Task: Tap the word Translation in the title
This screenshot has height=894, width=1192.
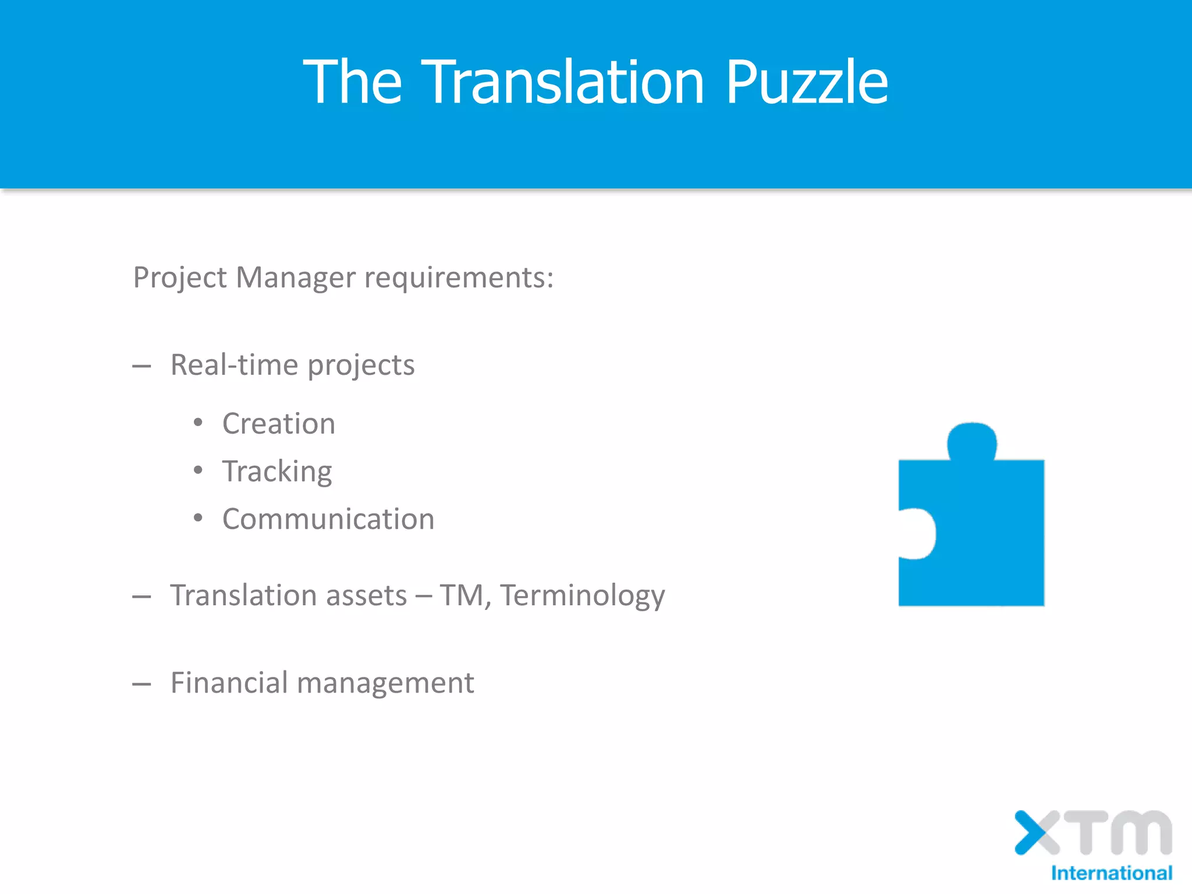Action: [x=563, y=82]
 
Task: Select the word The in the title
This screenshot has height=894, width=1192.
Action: [x=353, y=82]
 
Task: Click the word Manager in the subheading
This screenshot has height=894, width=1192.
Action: [x=295, y=278]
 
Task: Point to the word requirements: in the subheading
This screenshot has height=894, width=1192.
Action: [x=459, y=278]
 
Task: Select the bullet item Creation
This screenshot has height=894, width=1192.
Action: [x=279, y=423]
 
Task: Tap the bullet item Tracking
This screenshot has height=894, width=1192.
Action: [x=277, y=471]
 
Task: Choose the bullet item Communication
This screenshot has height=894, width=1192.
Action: [x=328, y=519]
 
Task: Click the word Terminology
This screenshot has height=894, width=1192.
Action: [x=583, y=595]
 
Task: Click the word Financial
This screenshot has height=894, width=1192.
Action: [x=229, y=683]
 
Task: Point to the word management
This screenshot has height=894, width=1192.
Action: [x=385, y=684]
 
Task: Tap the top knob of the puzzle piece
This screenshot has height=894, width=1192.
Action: [x=972, y=441]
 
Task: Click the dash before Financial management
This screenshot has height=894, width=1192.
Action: [x=141, y=684]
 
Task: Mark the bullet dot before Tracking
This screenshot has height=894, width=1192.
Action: [x=198, y=470]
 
